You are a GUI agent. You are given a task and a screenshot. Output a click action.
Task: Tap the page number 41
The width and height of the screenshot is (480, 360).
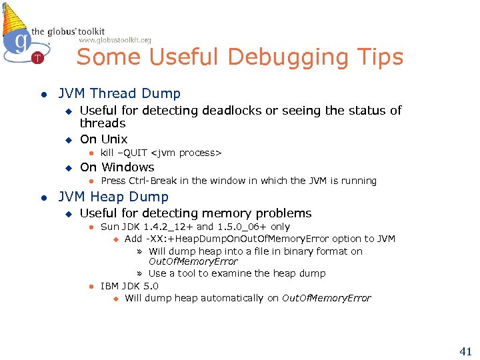coord(465,350)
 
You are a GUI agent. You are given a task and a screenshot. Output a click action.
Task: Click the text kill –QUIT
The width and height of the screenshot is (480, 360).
coord(124,153)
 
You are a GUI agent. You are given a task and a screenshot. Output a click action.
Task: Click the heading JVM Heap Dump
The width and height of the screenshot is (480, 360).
coord(113,197)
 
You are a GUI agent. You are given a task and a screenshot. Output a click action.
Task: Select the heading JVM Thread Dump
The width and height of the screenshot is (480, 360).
coord(119,94)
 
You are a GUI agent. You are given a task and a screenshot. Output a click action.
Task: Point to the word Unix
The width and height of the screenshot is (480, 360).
coord(113,139)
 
